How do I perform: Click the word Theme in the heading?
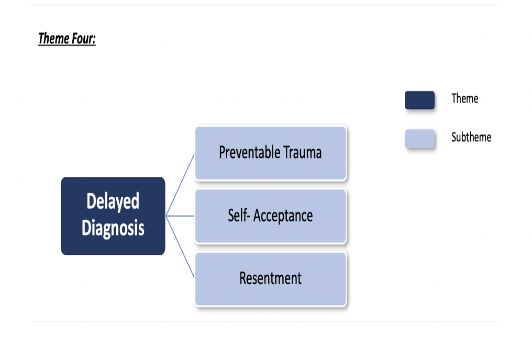53,39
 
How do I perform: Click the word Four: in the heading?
82,39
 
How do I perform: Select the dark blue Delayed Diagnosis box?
113,216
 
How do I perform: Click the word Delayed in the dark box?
113,202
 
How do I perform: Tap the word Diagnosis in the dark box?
113,228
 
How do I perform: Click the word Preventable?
250,152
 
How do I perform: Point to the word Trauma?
303,152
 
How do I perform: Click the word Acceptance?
283,216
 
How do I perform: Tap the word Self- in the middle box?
238,216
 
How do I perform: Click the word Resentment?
271,278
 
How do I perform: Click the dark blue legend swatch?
419,100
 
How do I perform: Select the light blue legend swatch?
419,139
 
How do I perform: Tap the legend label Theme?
465,98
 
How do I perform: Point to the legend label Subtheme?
471,137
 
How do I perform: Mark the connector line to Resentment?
181,247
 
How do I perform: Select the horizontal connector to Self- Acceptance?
181,216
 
